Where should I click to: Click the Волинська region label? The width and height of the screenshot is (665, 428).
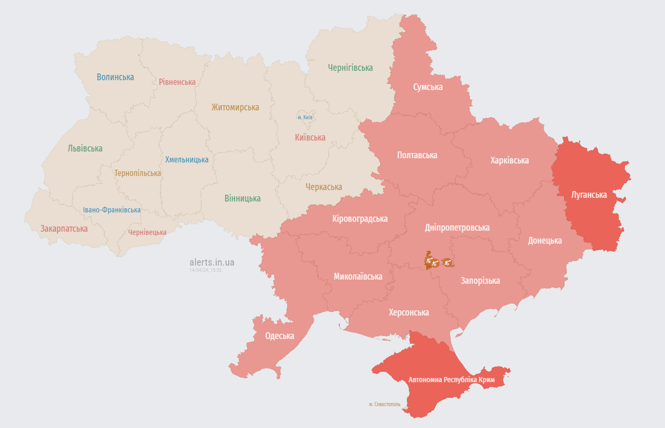(115, 77)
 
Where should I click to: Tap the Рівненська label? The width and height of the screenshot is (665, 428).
(177, 82)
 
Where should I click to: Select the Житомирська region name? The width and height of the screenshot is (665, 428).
(235, 107)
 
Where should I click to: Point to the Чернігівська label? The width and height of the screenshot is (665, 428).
(350, 68)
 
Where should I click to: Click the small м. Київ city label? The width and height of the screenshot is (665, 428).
(305, 117)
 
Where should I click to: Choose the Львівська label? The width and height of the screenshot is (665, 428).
(85, 148)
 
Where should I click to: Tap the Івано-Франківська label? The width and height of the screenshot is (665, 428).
(111, 210)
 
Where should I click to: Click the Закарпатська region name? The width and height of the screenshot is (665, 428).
(64, 229)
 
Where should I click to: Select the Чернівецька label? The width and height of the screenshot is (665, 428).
(147, 232)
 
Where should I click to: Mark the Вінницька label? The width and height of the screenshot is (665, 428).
(242, 198)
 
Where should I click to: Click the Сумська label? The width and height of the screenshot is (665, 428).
(428, 87)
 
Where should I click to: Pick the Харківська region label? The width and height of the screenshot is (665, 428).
(509, 160)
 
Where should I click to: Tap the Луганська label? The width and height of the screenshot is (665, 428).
(589, 195)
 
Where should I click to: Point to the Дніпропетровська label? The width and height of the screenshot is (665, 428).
(457, 228)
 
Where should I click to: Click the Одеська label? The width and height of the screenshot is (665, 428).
(279, 336)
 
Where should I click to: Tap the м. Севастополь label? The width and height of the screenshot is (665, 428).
(385, 404)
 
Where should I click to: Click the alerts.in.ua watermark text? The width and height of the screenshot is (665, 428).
(212, 262)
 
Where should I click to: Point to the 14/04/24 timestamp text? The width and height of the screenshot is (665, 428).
(206, 270)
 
